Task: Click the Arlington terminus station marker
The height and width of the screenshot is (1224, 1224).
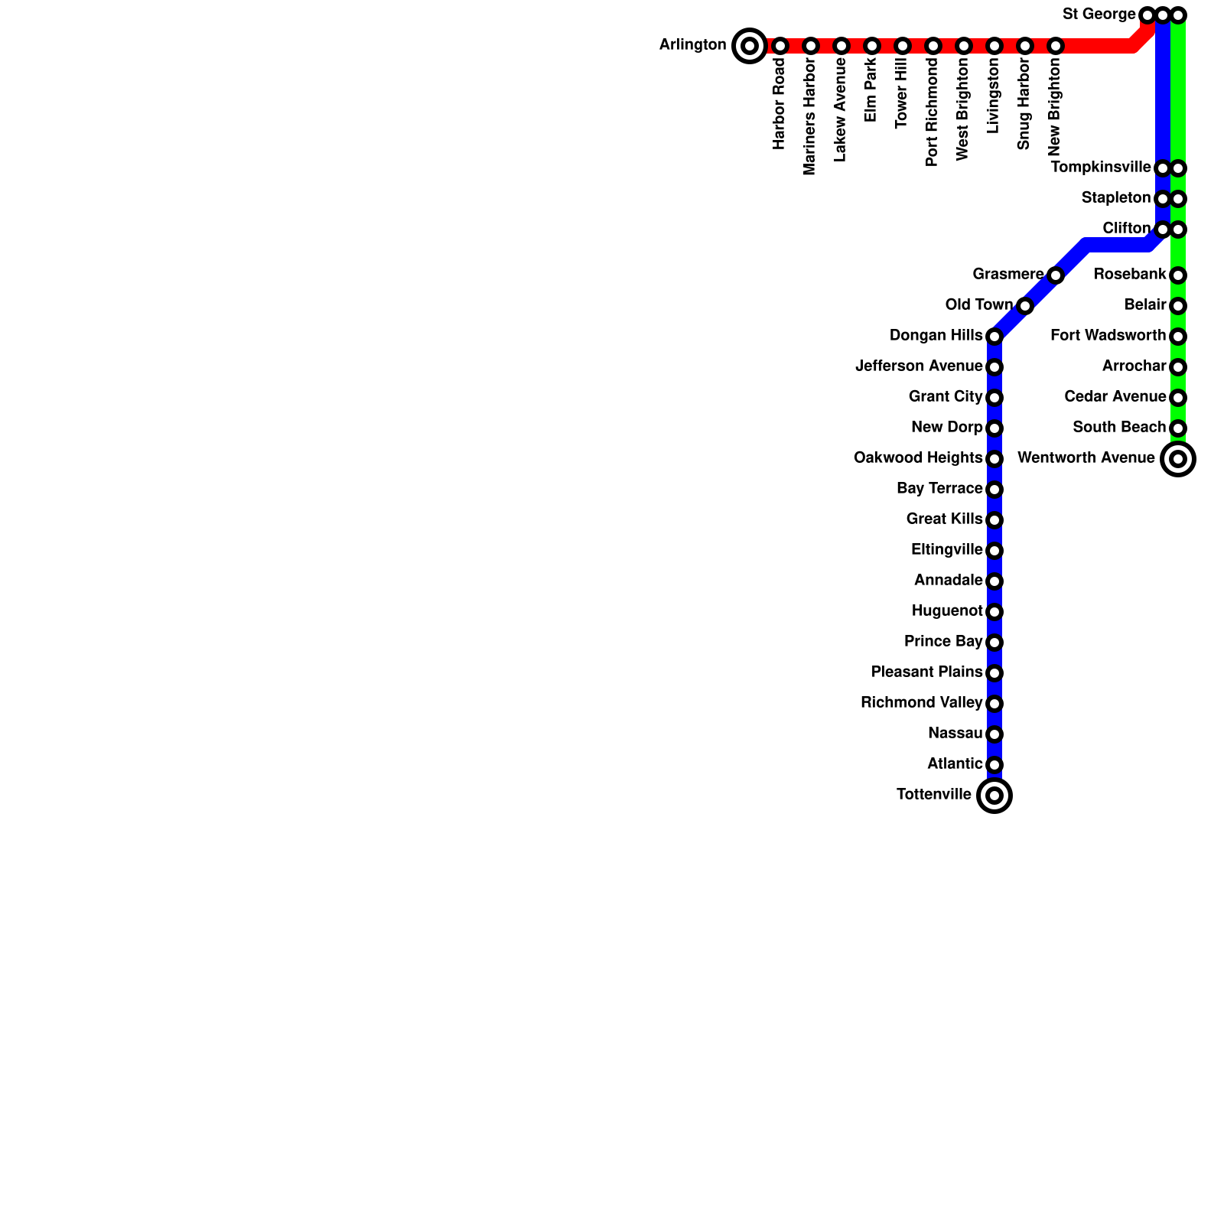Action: pos(750,46)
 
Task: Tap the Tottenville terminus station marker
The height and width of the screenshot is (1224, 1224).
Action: pos(994,796)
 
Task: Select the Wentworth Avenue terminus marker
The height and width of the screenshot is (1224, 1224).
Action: pos(1178,459)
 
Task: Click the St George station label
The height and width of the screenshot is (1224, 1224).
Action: pos(1099,15)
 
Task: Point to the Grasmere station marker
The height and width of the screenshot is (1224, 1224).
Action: pos(1056,275)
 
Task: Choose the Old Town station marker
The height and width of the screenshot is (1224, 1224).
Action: pos(1025,306)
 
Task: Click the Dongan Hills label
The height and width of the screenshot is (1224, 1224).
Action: pos(936,336)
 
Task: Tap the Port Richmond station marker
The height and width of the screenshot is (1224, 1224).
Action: pos(933,46)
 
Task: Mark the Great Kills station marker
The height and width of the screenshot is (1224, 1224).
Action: pos(994,520)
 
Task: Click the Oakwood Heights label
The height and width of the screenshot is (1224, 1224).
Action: pos(917,458)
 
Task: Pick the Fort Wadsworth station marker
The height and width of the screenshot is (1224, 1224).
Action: pos(1178,337)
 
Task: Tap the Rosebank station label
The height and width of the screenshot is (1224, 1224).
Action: pos(1129,275)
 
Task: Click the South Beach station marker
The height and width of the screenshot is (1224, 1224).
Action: pos(1178,428)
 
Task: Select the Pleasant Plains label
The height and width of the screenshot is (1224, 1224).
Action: pos(926,672)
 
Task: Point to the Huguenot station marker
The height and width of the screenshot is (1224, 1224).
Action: pos(994,612)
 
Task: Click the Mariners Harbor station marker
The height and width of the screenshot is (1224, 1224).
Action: pos(811,46)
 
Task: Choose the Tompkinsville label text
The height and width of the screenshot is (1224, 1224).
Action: pos(1100,168)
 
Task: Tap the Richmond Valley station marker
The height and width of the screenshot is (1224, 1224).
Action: pos(994,704)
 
